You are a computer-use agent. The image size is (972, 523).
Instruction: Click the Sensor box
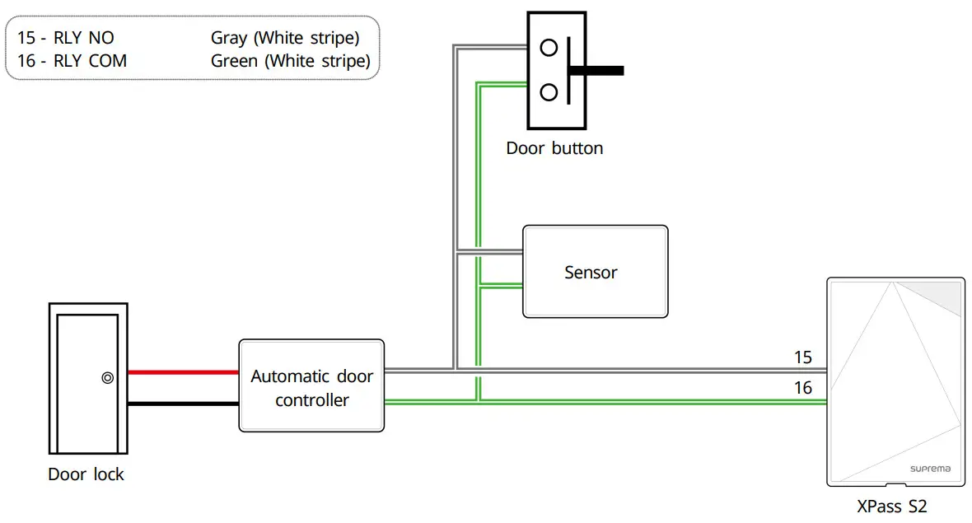click(x=595, y=272)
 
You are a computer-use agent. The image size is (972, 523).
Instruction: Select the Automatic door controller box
click(x=311, y=385)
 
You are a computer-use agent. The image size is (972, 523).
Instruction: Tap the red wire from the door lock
click(x=183, y=372)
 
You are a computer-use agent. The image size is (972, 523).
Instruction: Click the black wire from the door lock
click(x=183, y=404)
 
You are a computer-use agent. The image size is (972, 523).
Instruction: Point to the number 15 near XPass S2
click(x=802, y=357)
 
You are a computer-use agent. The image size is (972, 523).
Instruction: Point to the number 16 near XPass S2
click(x=802, y=388)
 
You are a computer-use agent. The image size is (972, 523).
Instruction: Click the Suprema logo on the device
click(x=930, y=468)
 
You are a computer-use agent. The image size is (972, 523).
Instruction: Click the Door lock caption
click(x=86, y=474)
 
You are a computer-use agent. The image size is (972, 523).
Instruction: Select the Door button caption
click(x=554, y=148)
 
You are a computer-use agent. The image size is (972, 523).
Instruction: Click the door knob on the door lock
click(x=107, y=378)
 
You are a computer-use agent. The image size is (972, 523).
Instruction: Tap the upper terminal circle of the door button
click(x=549, y=48)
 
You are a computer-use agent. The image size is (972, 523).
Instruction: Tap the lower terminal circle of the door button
click(x=549, y=91)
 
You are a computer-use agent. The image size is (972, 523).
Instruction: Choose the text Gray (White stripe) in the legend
click(x=285, y=38)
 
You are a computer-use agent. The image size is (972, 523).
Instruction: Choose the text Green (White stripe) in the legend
click(x=290, y=61)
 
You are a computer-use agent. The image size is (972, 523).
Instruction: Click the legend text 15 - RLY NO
click(x=66, y=38)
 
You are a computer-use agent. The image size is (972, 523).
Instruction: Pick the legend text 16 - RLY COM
click(x=72, y=61)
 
